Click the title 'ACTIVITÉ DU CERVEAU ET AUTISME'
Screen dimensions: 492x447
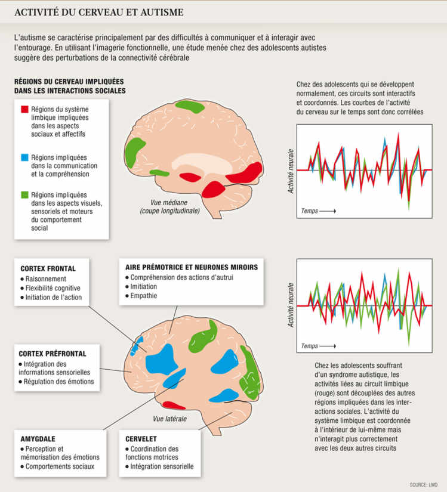[x=98, y=12]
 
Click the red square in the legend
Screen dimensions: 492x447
[x=24, y=110]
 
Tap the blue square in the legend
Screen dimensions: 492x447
[x=24, y=157]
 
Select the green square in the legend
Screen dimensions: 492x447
[x=24, y=194]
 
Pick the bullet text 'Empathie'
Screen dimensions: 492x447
[x=144, y=296]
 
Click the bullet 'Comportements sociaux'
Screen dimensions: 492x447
[x=60, y=466]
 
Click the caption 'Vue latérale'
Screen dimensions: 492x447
[x=170, y=419]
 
